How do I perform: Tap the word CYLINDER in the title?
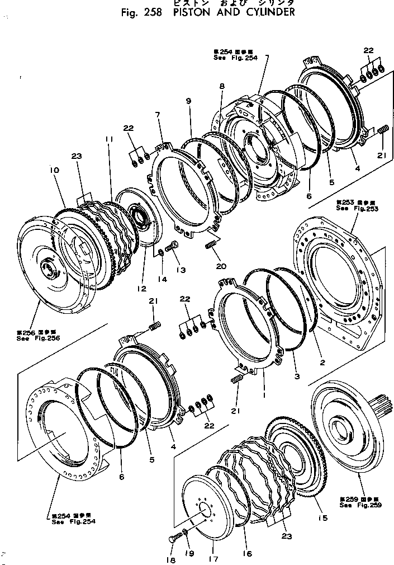pos(265,12)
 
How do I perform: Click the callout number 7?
pos(158,115)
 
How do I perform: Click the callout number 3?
pos(297,376)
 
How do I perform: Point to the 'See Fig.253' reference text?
pos(350,208)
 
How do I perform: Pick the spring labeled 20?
pos(211,245)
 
